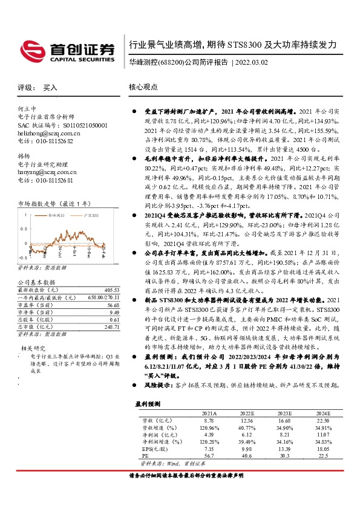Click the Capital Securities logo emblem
pos(31,48)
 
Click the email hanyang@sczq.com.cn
pos(47,172)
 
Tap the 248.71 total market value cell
pos(111,327)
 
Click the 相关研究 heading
pos(32,349)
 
